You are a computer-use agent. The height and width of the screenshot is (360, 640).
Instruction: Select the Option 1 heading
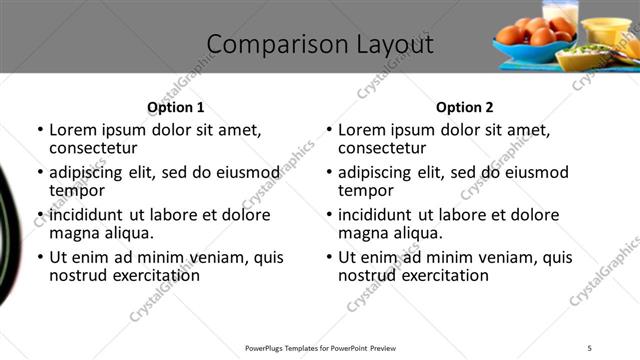[175, 107]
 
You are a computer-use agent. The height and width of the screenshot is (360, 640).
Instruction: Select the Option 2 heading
[464, 107]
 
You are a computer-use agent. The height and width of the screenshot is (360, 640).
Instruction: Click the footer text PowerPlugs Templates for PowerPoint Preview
[320, 347]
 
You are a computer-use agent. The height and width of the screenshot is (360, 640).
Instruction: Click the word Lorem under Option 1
[73, 130]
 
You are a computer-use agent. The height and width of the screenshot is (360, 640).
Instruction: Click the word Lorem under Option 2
[362, 130]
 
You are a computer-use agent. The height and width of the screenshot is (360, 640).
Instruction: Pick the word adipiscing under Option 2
[377, 172]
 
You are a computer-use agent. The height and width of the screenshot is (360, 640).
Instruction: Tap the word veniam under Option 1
[208, 257]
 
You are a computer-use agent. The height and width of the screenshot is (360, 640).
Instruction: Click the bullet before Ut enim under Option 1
[40, 257]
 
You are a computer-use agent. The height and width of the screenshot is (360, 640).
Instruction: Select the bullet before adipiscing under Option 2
[329, 172]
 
